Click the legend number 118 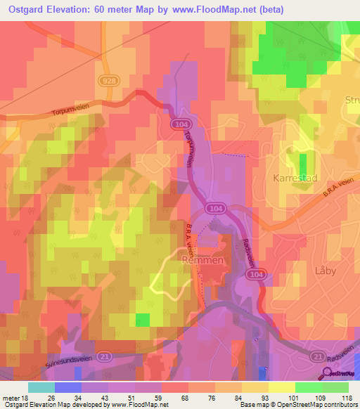click(347, 397)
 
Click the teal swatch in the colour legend click(41, 387)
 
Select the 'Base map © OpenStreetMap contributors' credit click(298, 405)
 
